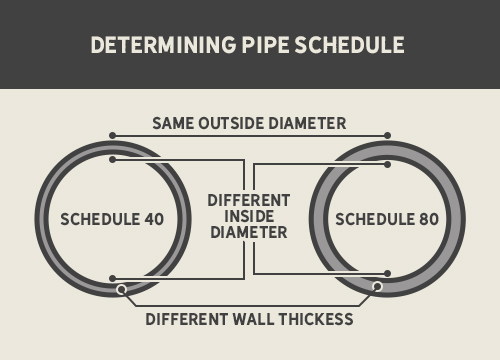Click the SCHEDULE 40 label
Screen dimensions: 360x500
(112, 219)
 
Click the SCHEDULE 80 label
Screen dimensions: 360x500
(387, 219)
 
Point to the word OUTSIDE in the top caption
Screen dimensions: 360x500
(236, 123)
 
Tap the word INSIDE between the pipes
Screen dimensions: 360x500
(249, 215)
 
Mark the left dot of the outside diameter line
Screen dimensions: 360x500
(113, 134)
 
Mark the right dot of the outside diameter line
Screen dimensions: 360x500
(388, 134)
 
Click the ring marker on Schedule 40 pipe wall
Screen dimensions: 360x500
(122, 290)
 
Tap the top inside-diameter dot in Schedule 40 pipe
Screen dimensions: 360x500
(113, 158)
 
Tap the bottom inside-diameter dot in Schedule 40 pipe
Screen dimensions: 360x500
(113, 278)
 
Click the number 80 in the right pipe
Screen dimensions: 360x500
(428, 219)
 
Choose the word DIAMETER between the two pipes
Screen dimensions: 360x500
(249, 232)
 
